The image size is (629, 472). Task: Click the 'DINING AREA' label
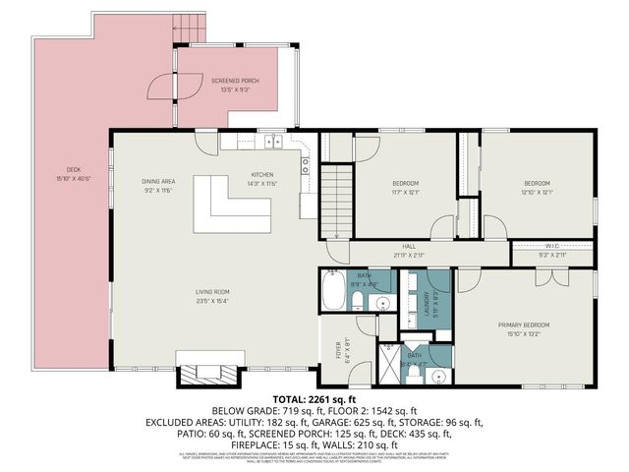pyautogui.click(x=157, y=181)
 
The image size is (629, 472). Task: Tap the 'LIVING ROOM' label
pyautogui.click(x=211, y=291)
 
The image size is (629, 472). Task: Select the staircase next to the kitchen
pyautogui.click(x=337, y=201)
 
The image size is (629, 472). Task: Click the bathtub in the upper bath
pyautogui.click(x=334, y=292)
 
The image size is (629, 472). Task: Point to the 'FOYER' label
pyautogui.click(x=340, y=347)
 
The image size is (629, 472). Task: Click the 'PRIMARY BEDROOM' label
pyautogui.click(x=523, y=324)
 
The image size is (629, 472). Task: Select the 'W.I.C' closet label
pyautogui.click(x=552, y=246)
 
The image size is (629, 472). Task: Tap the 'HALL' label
pyautogui.click(x=409, y=247)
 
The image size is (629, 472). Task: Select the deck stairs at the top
pyautogui.click(x=190, y=29)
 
